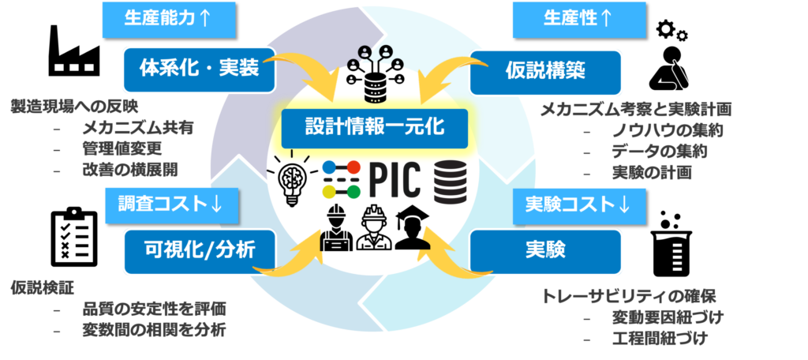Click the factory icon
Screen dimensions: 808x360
pos(74,51)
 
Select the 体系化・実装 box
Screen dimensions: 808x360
pos(200,70)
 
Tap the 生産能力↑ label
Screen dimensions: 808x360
pos(170,20)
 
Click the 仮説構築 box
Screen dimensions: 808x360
pos(545,72)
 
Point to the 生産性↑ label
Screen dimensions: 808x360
pos(579,20)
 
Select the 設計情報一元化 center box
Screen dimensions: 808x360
pos(375,127)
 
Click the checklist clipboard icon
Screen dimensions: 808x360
pos(74,238)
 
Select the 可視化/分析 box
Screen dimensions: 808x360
pos(200,252)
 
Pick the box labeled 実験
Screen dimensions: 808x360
pos(545,251)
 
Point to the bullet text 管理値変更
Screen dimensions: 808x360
pos(122,148)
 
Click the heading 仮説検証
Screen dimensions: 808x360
pos(43,288)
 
